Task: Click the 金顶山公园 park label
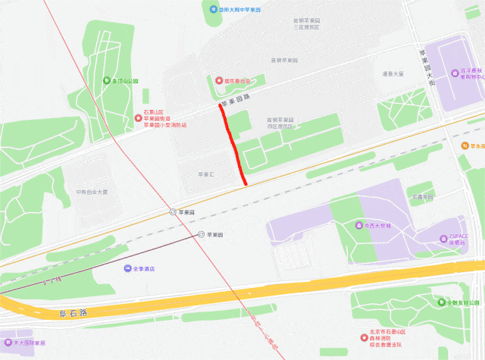(126, 81)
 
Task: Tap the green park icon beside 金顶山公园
(106, 81)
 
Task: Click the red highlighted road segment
(233, 144)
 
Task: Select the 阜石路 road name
(73, 311)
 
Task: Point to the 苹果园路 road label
(235, 100)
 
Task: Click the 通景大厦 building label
(393, 74)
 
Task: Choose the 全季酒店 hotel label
(144, 268)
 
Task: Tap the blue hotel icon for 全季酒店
(127, 268)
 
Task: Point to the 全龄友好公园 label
(463, 302)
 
